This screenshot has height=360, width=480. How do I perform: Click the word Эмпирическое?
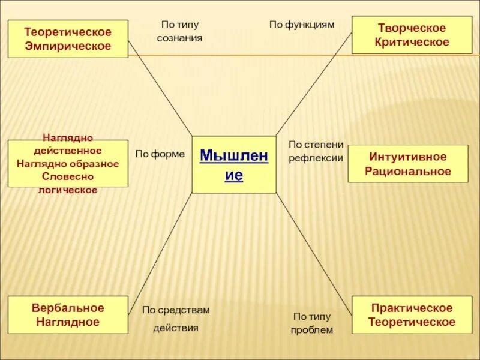(x=68, y=46)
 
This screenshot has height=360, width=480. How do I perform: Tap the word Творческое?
(x=412, y=28)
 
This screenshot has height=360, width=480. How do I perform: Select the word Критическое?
(x=412, y=42)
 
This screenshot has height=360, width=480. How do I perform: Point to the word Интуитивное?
(x=408, y=157)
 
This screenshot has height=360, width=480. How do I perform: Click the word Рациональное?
(x=408, y=172)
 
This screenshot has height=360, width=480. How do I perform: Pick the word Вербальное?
(x=68, y=308)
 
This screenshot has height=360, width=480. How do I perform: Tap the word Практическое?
(x=412, y=308)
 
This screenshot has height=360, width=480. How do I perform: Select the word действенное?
(x=68, y=150)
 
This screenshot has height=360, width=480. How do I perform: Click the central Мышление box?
(x=234, y=165)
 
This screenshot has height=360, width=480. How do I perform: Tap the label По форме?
(x=160, y=154)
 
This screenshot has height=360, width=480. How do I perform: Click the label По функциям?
(x=301, y=25)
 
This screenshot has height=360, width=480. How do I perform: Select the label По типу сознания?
(x=180, y=31)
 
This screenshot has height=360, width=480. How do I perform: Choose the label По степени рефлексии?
(x=316, y=151)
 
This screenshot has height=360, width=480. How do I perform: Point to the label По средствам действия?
(x=176, y=319)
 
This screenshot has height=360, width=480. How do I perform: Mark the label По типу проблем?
(x=312, y=323)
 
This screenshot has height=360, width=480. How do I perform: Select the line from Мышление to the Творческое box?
(x=313, y=85)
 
